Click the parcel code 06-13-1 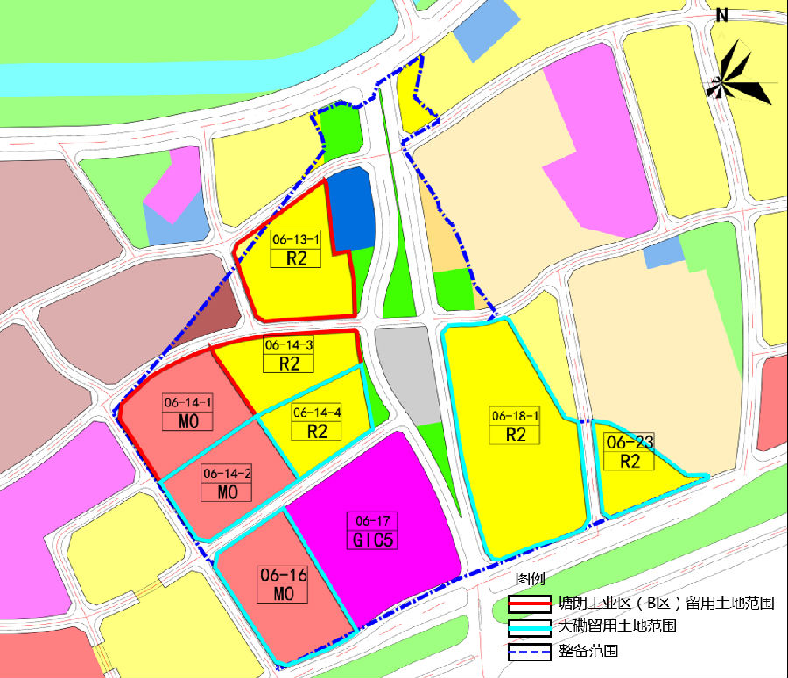pos(296,238)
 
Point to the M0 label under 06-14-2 pos(227,492)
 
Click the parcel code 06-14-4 pos(317,412)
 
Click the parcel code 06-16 pos(283,575)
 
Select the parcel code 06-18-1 pos(516,416)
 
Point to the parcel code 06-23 pos(630,442)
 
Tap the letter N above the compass pos(722,15)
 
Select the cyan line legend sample pos(531,628)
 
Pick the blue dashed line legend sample pos(531,652)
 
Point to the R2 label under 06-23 pos(630,461)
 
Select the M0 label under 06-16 pos(283,594)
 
